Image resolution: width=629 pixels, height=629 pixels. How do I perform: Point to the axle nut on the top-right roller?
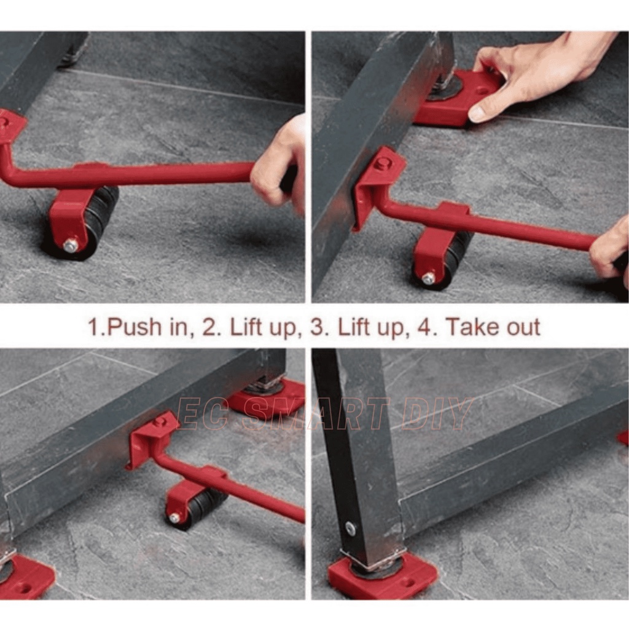(428, 277)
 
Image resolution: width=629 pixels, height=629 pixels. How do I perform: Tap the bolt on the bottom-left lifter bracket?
(161, 421)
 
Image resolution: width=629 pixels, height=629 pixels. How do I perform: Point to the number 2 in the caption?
(209, 327)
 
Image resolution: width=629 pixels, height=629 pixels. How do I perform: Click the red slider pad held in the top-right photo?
(457, 98)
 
